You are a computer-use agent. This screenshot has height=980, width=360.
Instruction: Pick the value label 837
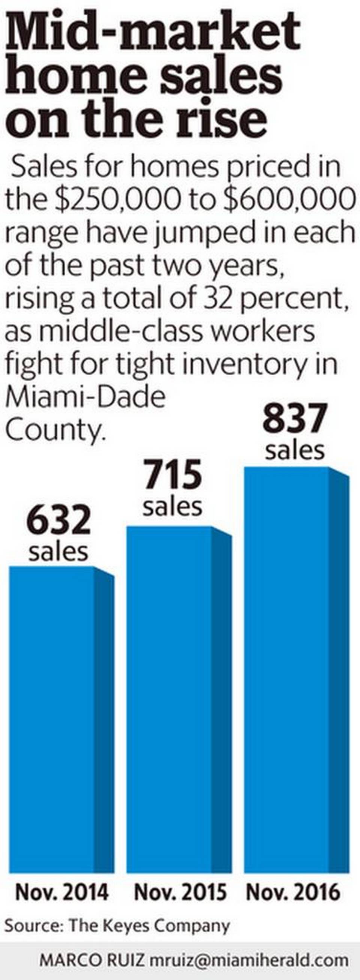[295, 418]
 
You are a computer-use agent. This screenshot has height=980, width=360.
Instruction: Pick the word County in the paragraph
[55, 430]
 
